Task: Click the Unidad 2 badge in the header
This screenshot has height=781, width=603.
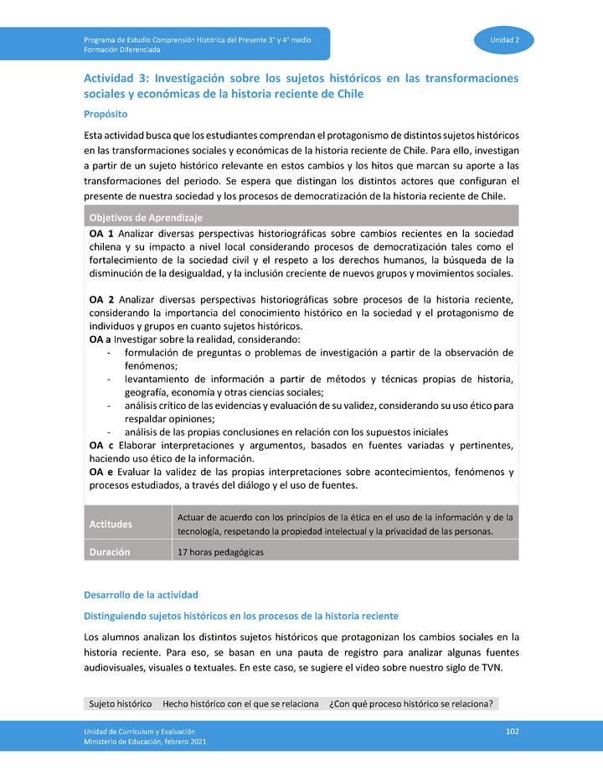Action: [504, 39]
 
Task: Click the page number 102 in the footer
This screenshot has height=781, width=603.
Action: [513, 732]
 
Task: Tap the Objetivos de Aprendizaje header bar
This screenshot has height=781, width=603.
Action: [301, 217]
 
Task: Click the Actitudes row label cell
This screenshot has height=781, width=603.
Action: [127, 525]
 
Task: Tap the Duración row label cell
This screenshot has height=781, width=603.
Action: [127, 551]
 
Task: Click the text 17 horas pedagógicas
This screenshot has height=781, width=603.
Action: [220, 551]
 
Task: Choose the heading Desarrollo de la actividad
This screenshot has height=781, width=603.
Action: [141, 594]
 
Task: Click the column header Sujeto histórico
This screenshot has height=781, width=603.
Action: [121, 703]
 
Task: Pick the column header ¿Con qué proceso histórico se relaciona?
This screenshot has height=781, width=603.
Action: [410, 703]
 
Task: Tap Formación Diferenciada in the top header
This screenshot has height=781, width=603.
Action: [121, 49]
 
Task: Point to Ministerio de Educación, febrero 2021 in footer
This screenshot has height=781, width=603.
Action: [144, 742]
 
